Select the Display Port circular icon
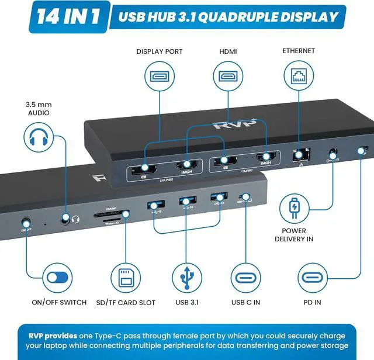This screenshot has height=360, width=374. click(159, 77)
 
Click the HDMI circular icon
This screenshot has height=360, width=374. click(228, 77)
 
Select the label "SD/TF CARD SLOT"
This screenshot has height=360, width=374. click(126, 302)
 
